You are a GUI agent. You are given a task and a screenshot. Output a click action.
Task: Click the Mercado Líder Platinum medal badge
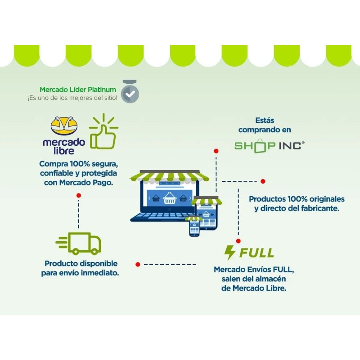[x=130, y=92]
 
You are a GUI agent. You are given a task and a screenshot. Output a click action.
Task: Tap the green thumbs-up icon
[x=103, y=131]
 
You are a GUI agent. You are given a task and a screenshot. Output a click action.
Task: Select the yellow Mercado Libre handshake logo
[x=64, y=126]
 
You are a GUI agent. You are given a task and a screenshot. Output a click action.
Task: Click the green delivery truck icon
[x=78, y=243]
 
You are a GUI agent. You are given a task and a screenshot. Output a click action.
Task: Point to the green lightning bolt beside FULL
[x=229, y=252]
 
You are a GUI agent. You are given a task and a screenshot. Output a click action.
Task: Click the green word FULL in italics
[x=256, y=253]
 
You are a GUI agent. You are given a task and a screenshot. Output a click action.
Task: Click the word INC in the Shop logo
[x=290, y=146]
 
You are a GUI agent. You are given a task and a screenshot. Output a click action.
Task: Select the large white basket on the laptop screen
[x=170, y=198]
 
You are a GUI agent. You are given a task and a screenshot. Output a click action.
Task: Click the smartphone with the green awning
[x=194, y=226]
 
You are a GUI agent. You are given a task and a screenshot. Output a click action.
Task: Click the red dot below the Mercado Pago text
[x=79, y=195]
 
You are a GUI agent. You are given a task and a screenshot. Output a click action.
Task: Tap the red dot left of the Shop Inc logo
[x=216, y=151]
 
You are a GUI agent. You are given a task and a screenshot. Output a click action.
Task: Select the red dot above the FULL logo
[x=238, y=241]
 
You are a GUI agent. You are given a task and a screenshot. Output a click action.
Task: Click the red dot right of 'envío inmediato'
[x=138, y=265]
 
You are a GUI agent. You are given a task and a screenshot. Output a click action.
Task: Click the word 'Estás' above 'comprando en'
[x=265, y=120]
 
